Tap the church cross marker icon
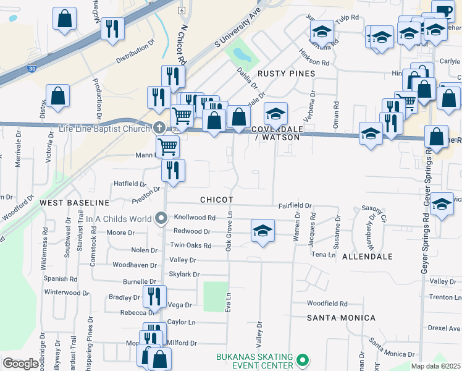tap(159, 128)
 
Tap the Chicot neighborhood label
tap(217, 200)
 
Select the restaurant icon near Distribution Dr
tap(112, 28)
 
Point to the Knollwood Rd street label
tap(195, 218)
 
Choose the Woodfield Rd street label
tap(327, 304)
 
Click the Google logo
tap(21, 364)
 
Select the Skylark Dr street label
tap(184, 274)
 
